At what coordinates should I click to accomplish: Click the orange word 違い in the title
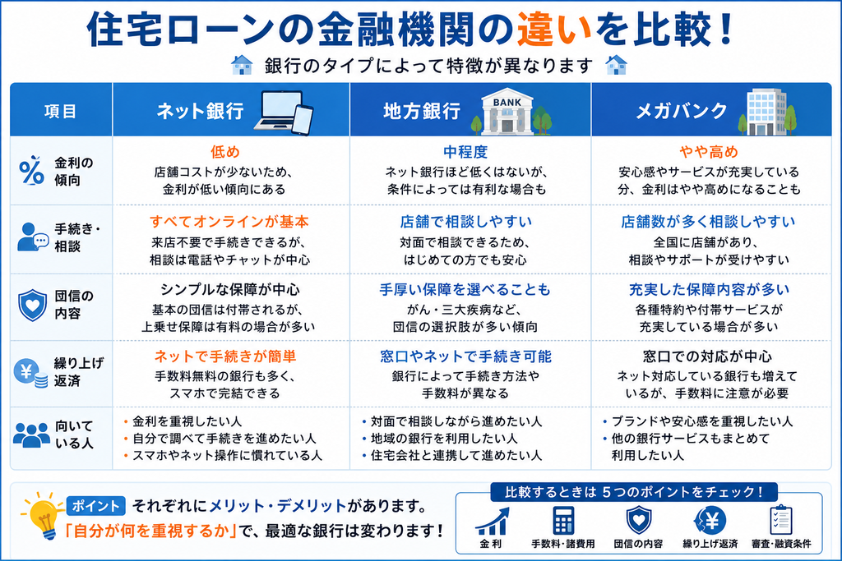point(553,30)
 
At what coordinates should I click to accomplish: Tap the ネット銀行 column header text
point(200,111)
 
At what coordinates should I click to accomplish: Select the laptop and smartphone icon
point(284,112)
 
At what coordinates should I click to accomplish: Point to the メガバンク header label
point(682,111)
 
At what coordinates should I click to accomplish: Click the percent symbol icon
point(32,171)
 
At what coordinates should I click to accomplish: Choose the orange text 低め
point(225,152)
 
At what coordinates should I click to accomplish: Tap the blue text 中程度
point(465,152)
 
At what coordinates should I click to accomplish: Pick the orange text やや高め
point(709,152)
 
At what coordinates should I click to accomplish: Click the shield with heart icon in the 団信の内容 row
point(32,305)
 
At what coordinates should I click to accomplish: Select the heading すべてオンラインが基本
point(229,222)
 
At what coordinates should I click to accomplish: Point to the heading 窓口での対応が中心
point(708,356)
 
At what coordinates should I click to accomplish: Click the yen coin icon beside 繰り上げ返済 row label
point(30,373)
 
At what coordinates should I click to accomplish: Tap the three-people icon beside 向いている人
point(31,435)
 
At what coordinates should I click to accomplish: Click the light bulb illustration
point(44,515)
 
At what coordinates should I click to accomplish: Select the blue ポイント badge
point(95,506)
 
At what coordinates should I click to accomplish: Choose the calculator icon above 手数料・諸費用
point(562,520)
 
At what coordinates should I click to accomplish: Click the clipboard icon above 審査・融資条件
point(780,520)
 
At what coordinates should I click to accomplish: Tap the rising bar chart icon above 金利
point(493,522)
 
